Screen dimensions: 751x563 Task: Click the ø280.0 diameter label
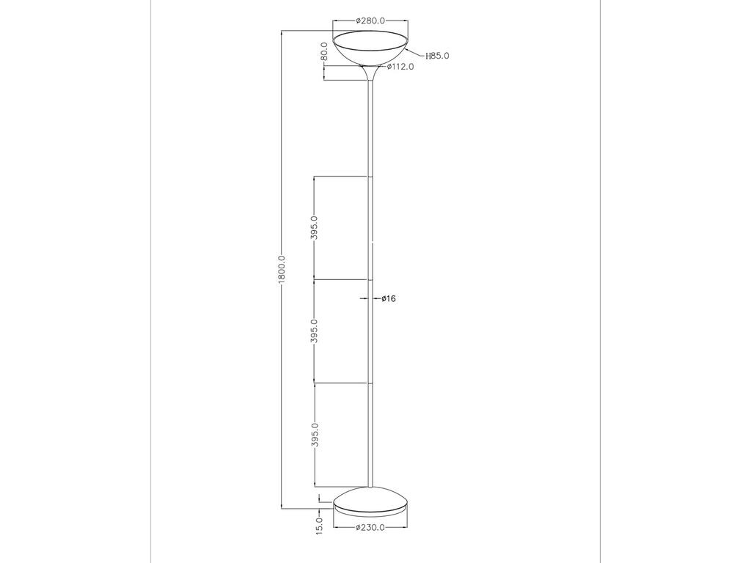tap(370, 21)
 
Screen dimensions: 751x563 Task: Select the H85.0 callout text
tap(437, 56)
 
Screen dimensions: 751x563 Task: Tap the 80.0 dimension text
tap(324, 52)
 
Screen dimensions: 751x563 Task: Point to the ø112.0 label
tap(400, 67)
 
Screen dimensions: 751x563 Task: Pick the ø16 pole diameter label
tap(389, 299)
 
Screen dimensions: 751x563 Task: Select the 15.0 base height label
tap(320, 526)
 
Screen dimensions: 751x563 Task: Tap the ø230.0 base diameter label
tap(370, 528)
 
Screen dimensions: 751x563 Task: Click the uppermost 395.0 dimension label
tap(314, 227)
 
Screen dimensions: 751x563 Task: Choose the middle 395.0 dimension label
tap(314, 331)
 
